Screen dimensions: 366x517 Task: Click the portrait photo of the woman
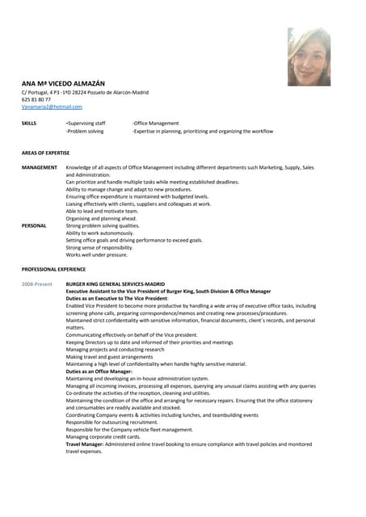(x=309, y=57)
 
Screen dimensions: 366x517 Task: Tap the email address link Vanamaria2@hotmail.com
(x=52, y=107)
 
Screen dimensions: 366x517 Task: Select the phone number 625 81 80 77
(x=36, y=99)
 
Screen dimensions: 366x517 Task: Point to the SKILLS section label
(x=29, y=123)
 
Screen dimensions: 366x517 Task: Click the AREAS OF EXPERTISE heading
(x=45, y=153)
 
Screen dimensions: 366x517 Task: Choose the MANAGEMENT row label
(x=40, y=167)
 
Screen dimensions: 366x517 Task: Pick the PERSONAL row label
(x=34, y=225)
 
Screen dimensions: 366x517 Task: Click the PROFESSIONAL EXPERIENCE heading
(x=53, y=268)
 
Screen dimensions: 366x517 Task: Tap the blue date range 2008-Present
(x=37, y=285)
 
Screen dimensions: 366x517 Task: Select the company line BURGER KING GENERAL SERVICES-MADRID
(x=116, y=285)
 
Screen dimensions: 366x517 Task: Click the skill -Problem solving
(x=85, y=131)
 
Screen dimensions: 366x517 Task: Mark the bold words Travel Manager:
(x=84, y=443)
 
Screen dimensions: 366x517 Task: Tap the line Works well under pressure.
(x=97, y=254)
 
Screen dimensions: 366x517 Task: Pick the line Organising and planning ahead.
(x=101, y=218)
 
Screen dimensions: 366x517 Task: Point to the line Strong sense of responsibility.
(x=99, y=247)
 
